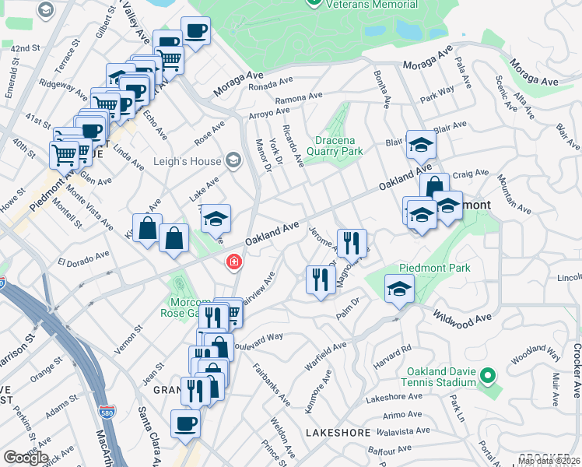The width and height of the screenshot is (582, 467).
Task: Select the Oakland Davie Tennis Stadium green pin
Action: click(487, 376)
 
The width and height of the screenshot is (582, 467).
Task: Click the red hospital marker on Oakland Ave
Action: click(233, 263)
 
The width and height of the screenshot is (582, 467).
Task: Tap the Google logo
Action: click(25, 458)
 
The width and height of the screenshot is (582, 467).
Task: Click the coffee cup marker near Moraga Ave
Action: click(195, 32)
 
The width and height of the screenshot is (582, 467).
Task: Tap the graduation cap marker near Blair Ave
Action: click(421, 145)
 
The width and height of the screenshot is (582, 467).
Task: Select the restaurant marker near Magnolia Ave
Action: click(352, 243)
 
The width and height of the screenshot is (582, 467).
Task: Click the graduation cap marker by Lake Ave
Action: click(217, 218)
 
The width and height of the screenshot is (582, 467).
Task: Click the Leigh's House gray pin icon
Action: click(233, 161)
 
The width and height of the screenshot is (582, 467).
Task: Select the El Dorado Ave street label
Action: click(82, 258)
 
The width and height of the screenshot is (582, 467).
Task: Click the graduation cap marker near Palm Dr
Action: click(399, 289)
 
